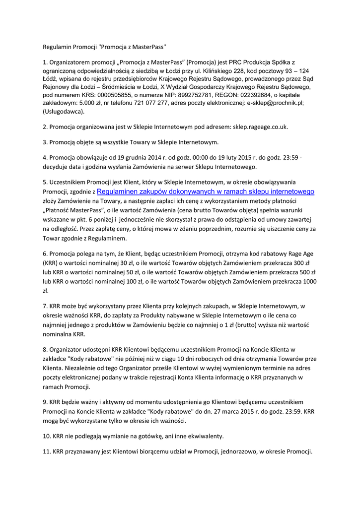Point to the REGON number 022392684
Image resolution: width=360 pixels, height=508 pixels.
[x=249, y=95]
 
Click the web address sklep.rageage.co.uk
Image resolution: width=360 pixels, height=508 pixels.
[x=260, y=127]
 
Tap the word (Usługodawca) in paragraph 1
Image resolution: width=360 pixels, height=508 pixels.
[x=64, y=111]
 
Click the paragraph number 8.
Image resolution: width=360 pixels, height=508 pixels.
[x=45, y=350]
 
